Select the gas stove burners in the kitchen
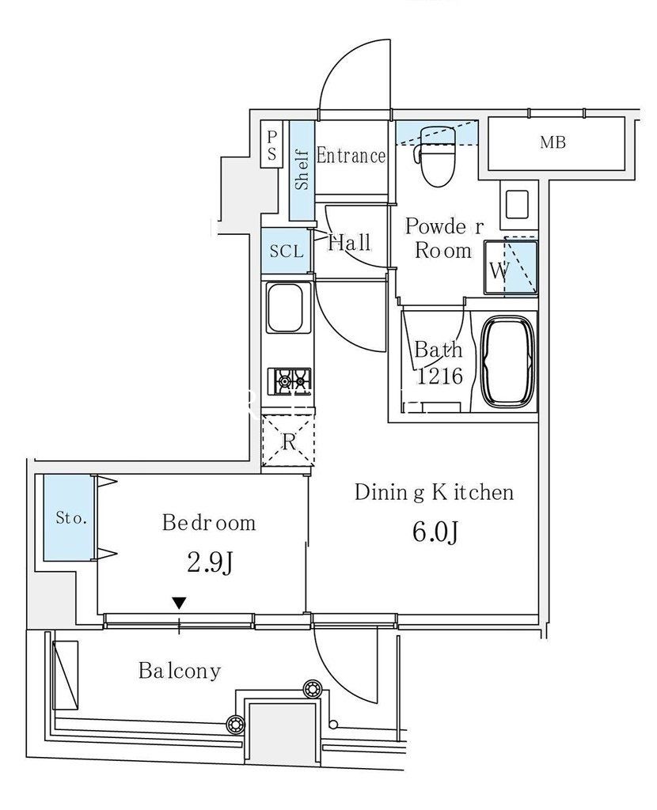pos(290,381)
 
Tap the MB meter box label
pos(553,142)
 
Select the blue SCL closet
pos(287,251)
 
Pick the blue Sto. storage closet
pos(69,517)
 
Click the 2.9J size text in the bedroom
pos(210,562)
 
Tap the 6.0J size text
pos(435,532)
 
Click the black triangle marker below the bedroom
pos(180,603)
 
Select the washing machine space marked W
pos(511,268)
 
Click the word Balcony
pos(180,671)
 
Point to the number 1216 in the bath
pos(439,376)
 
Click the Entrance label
pos(351,156)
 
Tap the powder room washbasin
pos(516,205)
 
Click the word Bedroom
pos(209,523)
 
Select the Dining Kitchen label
pos(435,492)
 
